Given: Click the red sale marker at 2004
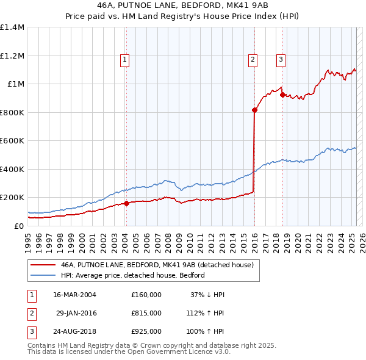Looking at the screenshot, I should (x=127, y=203).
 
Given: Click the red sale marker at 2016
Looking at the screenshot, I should (x=254, y=110).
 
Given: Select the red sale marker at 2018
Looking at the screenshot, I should (x=282, y=95).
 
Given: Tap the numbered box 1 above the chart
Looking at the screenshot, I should (x=124, y=59).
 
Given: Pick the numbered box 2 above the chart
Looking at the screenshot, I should (x=252, y=59).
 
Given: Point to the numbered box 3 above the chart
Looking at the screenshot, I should (x=280, y=59).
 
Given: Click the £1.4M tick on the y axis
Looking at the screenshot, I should (x=12, y=27).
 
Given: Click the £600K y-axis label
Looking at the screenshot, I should (x=12, y=141).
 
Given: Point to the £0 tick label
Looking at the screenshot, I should (x=20, y=226).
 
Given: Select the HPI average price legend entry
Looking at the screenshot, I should (x=132, y=275).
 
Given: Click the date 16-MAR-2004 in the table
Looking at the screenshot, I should (x=74, y=295).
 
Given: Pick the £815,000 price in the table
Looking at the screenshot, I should (x=146, y=313).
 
